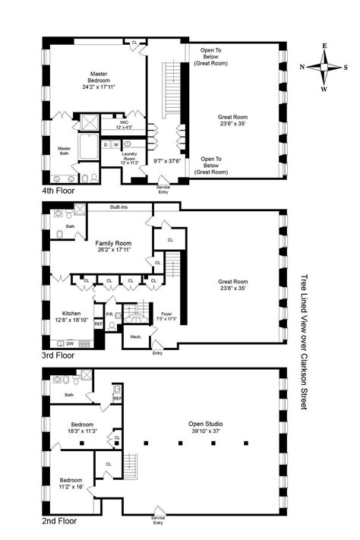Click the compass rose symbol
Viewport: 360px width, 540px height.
[325, 68]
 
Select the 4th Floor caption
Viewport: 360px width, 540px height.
[59, 191]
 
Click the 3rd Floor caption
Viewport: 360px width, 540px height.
[58, 354]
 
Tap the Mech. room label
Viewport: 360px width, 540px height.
[137, 335]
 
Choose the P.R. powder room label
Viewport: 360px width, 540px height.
[109, 314]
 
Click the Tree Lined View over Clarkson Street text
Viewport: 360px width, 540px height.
[305, 342]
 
